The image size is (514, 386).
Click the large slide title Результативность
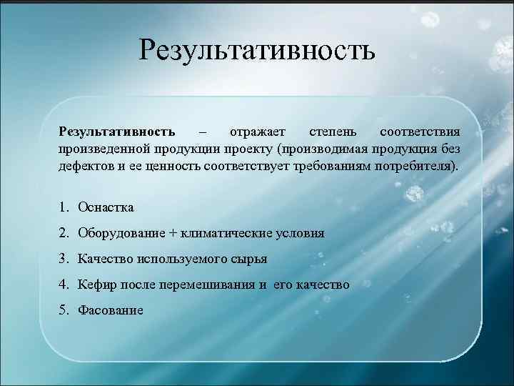point(257,50)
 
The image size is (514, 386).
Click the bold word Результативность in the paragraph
point(117,132)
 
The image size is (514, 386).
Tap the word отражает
point(257,132)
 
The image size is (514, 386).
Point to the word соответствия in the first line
point(420,132)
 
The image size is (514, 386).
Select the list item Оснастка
point(106,207)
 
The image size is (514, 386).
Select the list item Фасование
point(111,310)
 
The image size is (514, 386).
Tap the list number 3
point(64,259)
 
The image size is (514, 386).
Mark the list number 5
point(64,310)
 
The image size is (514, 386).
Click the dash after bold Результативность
point(203,132)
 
